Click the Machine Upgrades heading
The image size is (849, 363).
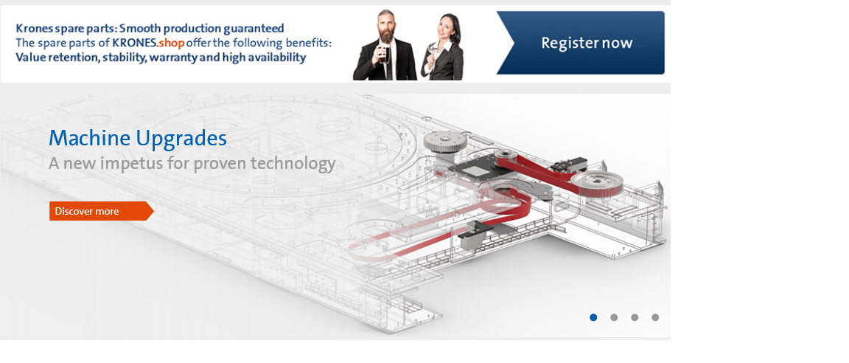(138, 139)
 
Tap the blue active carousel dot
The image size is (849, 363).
(593, 317)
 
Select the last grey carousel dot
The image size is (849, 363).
(655, 317)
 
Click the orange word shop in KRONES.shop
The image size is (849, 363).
(172, 43)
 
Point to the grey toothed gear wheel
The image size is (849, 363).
(444, 142)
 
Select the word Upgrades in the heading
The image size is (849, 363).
(181, 139)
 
